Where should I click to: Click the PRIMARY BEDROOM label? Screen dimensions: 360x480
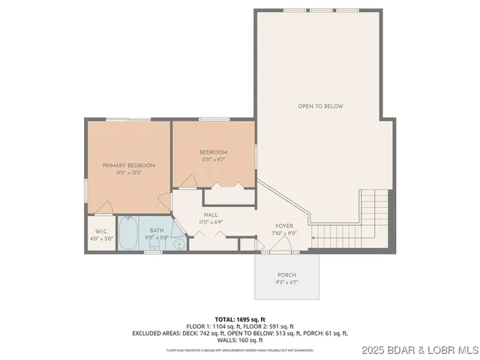coord(129,165)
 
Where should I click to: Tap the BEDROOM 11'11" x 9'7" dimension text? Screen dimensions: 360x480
coord(213,160)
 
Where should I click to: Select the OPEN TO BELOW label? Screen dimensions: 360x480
coord(320,106)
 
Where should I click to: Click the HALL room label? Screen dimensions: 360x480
coord(210,215)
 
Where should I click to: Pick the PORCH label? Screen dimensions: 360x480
coord(287,275)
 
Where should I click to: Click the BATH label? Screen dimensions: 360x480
coord(156,231)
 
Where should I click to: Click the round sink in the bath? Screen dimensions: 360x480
coord(179,244)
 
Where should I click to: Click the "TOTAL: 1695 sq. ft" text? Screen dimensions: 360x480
coord(240,319)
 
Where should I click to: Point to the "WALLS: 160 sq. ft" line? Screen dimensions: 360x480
coord(240,340)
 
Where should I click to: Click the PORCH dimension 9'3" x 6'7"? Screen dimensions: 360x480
coord(287,283)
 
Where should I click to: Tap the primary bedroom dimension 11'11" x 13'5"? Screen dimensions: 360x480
coord(129,172)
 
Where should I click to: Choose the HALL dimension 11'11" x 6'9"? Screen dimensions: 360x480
coord(210,223)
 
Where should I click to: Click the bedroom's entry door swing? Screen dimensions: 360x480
coord(187,181)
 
